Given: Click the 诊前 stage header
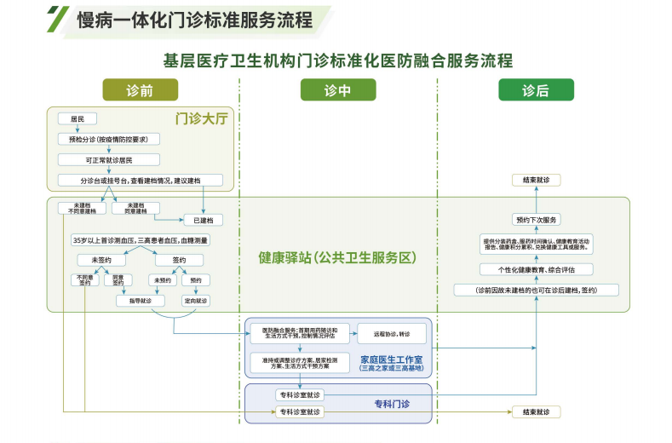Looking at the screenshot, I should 140,89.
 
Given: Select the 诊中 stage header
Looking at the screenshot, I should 337,89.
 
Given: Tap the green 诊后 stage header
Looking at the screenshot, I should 536,89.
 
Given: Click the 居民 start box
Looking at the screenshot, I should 78,118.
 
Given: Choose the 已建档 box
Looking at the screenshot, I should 203,220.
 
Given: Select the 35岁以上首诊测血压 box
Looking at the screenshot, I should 141,240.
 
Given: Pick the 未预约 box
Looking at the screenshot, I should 161,279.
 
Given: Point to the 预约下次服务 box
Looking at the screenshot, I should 537,219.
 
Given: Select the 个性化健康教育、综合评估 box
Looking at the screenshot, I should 536,269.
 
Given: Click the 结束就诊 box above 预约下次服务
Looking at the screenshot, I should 537,180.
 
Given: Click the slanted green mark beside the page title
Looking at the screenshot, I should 58,17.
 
